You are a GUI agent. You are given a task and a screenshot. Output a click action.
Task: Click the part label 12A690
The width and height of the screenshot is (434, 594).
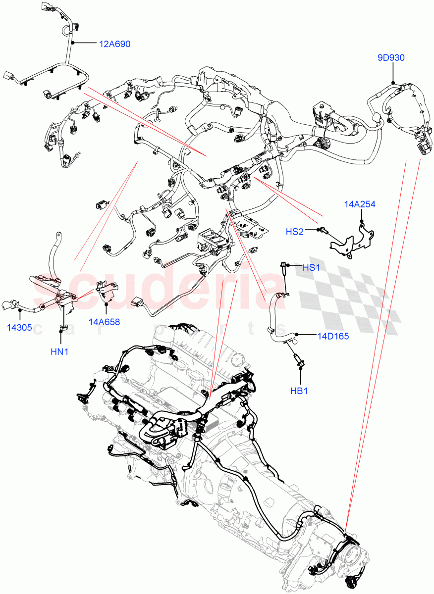point(114,44)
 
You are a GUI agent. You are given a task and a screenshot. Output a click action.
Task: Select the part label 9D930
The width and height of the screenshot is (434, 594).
point(391,57)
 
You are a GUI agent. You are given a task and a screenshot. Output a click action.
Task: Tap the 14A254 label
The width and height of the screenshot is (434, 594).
point(361,203)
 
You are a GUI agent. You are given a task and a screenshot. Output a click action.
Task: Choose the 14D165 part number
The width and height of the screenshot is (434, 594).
point(333,336)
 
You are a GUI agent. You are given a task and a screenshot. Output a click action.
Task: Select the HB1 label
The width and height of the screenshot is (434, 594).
point(299,391)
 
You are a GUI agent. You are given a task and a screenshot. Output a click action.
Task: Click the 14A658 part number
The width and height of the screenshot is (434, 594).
point(104,322)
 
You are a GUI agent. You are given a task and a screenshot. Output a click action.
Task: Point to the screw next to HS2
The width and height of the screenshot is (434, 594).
point(322,229)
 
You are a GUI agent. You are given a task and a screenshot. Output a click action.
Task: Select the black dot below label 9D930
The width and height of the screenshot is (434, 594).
point(392,82)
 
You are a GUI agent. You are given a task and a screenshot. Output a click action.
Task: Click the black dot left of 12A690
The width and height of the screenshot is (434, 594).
point(73,44)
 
